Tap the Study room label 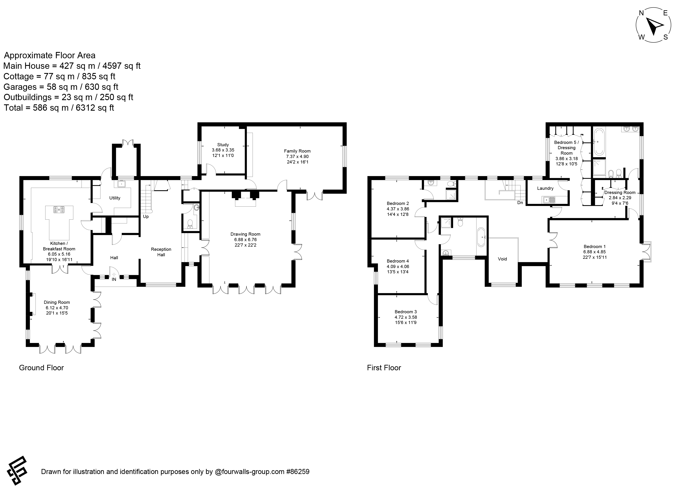coord(223,145)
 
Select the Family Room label coord(297,151)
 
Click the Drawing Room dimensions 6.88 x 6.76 coord(245,240)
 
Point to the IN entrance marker coord(114,279)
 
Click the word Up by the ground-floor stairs coord(146,216)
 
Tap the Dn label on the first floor coord(520,203)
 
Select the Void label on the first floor coord(502,259)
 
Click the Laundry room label coord(545,188)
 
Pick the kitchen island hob coord(59,210)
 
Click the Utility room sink coord(122,184)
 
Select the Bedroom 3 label coord(406,312)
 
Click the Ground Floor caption coord(41,368)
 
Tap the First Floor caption coord(384,368)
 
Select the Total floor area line coord(59,108)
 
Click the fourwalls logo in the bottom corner coord(17,470)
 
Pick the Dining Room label coord(57,302)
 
